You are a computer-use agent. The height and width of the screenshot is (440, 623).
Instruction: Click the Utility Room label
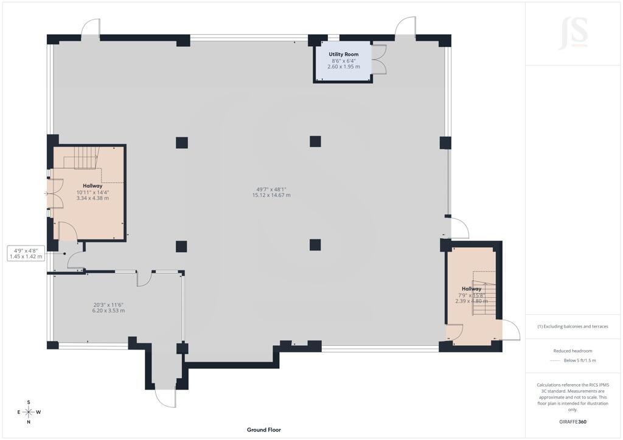click(x=343, y=54)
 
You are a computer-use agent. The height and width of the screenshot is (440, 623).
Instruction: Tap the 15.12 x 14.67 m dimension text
click(x=271, y=195)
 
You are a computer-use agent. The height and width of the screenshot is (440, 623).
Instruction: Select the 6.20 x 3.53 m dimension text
click(x=108, y=311)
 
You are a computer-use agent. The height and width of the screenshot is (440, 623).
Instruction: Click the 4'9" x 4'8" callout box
click(x=26, y=253)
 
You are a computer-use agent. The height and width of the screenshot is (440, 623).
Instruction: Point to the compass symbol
click(x=29, y=412)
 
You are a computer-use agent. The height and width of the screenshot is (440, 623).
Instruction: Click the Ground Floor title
click(x=264, y=430)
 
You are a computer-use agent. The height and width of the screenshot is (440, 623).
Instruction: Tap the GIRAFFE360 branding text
click(x=573, y=422)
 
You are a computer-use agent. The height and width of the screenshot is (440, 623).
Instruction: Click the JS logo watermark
click(x=573, y=33)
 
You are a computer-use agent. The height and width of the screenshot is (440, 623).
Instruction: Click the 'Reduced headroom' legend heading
click(x=573, y=351)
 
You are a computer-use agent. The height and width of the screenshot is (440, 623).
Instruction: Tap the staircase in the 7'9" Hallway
click(x=484, y=294)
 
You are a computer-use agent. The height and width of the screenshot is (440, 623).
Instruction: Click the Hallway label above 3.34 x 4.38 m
click(x=92, y=186)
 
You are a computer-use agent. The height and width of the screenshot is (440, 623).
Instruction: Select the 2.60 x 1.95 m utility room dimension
click(x=344, y=67)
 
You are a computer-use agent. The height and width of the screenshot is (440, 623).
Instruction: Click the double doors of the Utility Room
click(x=379, y=59)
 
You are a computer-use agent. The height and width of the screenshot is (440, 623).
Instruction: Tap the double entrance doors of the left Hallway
click(x=55, y=194)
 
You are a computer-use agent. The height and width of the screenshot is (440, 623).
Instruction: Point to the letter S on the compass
click(x=29, y=402)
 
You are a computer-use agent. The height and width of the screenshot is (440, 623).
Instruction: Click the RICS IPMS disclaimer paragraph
click(x=573, y=397)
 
